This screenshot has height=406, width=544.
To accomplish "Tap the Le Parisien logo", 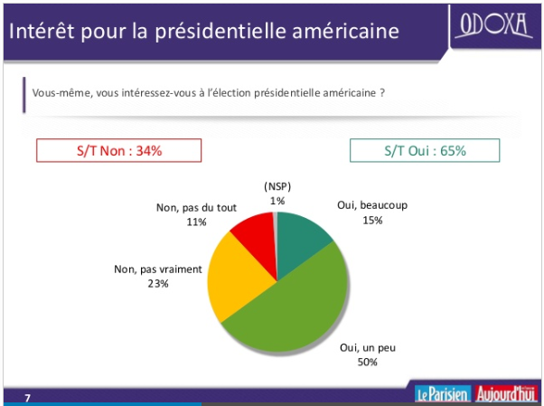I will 441,393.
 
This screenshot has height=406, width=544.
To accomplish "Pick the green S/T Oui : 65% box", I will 424,151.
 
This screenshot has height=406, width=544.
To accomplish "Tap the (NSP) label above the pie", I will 277,187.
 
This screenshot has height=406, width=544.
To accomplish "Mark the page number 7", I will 27,398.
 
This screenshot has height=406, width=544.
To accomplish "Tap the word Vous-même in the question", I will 59,93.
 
